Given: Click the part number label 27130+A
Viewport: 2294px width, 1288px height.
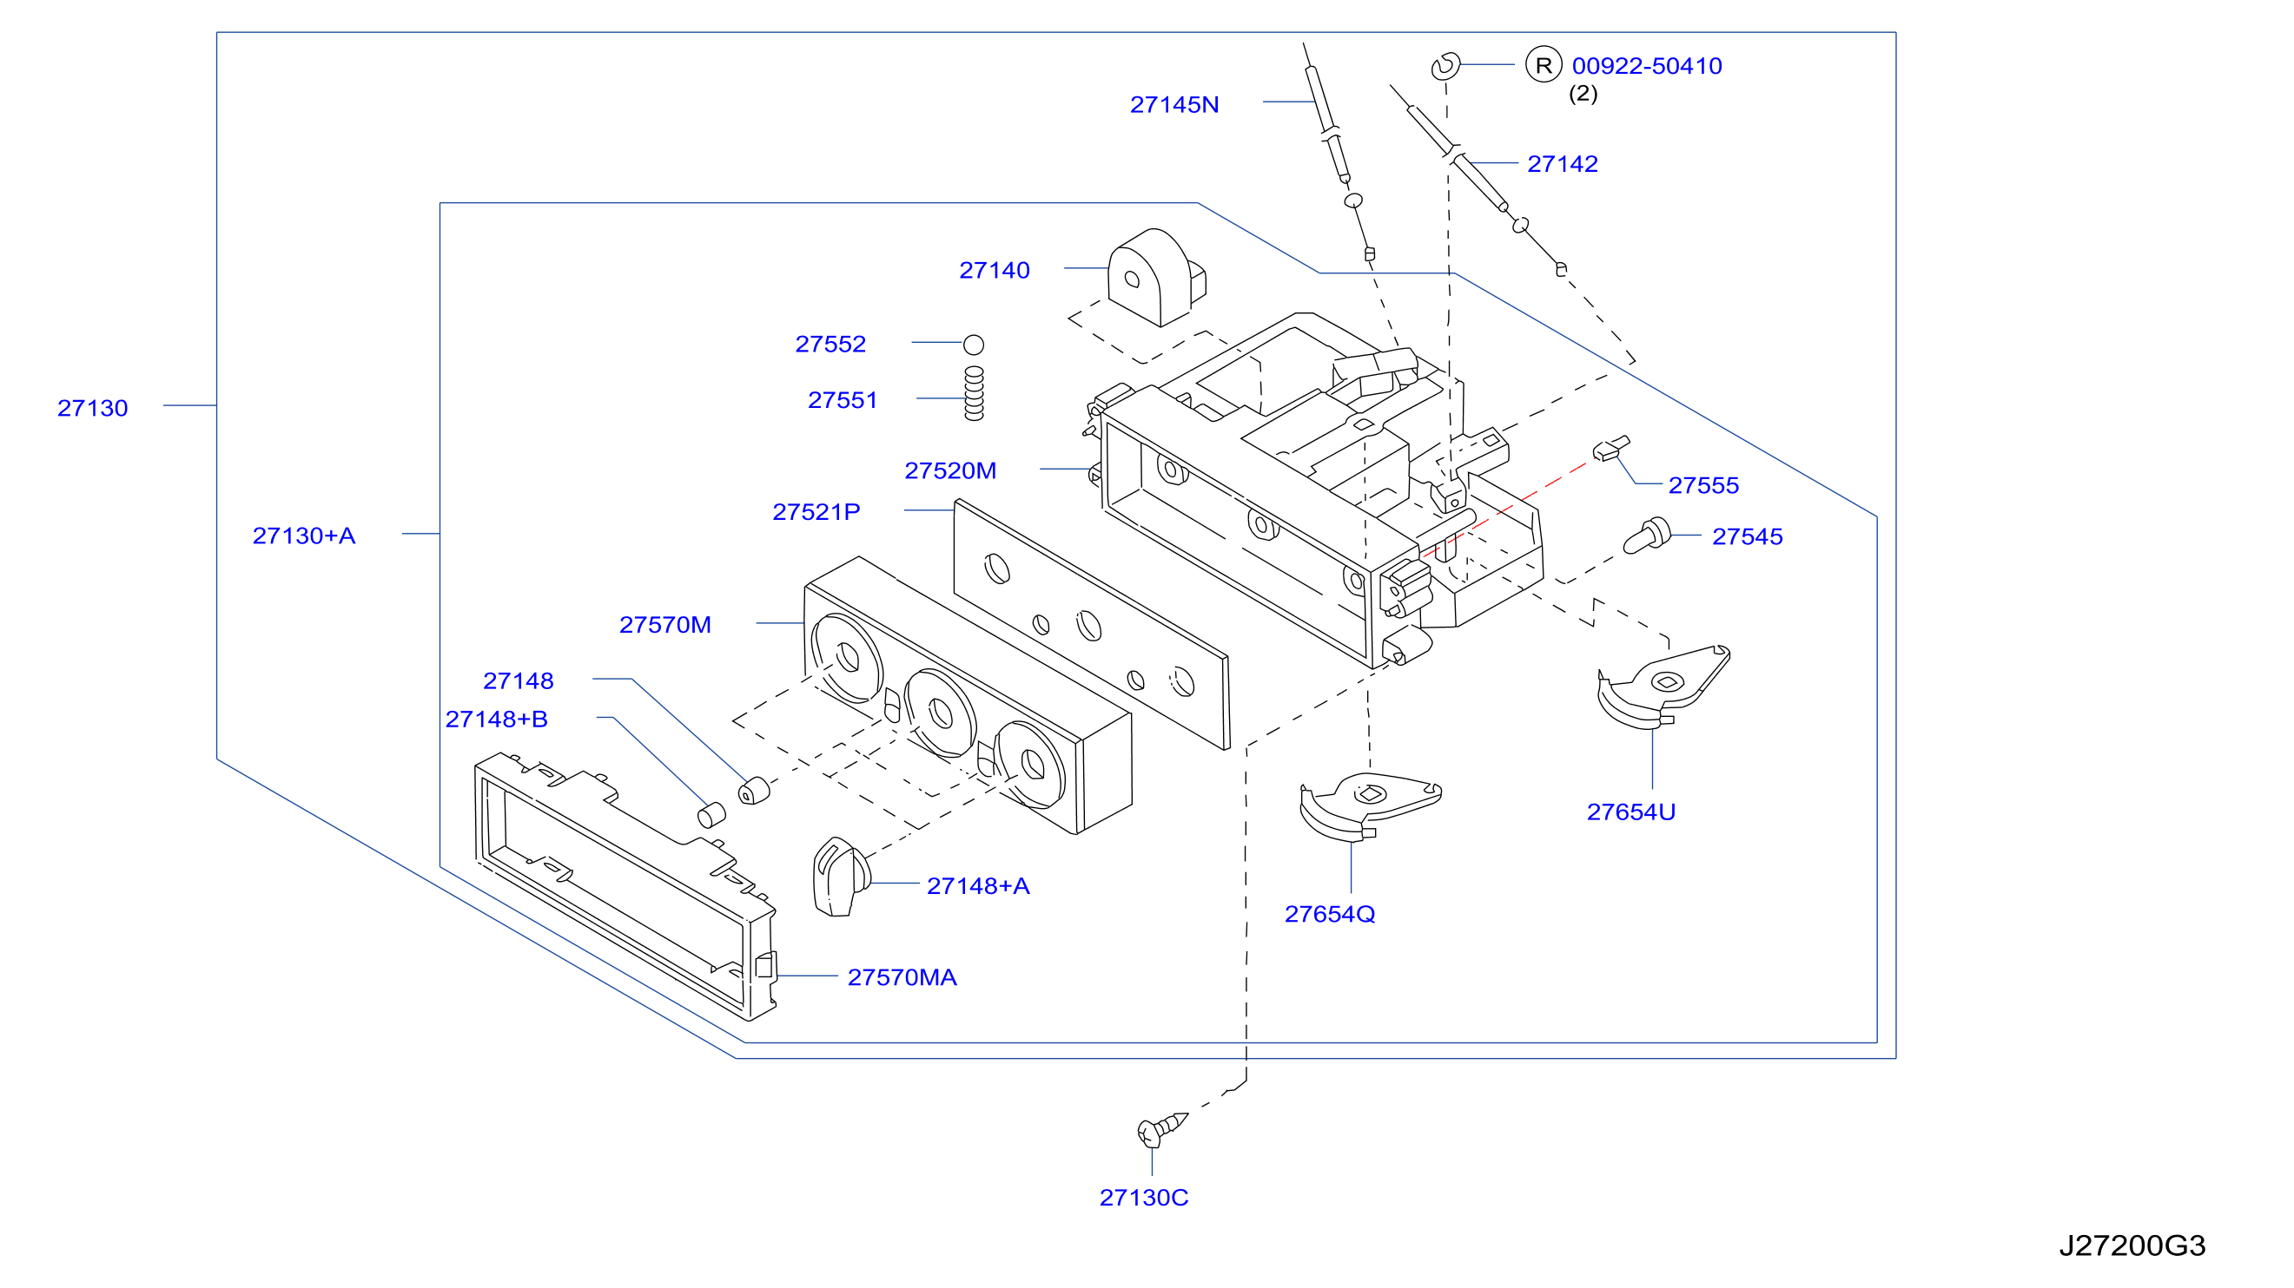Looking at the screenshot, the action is click(x=304, y=536).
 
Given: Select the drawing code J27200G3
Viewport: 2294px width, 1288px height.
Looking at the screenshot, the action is click(x=2132, y=1245).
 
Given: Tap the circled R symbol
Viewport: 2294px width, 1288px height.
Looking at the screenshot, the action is click(x=1544, y=65).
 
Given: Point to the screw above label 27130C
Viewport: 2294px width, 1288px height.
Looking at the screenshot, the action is click(x=1162, y=1128).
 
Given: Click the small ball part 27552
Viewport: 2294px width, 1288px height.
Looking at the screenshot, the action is click(x=974, y=345).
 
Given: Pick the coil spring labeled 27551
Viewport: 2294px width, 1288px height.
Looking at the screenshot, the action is click(x=975, y=393).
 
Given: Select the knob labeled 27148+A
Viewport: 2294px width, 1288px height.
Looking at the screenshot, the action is click(x=841, y=877).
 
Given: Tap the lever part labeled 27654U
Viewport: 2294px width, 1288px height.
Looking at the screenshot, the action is click(x=1662, y=687).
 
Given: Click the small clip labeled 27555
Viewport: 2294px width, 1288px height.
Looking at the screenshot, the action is click(x=1611, y=448).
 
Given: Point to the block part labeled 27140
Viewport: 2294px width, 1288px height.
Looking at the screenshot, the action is click(x=1156, y=278).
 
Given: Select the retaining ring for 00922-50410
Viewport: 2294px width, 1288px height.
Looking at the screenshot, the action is click(x=1444, y=66).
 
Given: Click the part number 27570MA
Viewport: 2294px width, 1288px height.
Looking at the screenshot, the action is click(x=902, y=977).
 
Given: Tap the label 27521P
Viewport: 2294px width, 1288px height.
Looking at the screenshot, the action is click(x=816, y=512).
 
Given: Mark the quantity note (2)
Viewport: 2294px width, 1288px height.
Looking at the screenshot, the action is click(x=1583, y=94).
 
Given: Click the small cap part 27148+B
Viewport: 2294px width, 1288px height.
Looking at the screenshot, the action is click(x=711, y=814).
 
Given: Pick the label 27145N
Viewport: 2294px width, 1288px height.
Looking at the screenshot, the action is click(x=1173, y=105).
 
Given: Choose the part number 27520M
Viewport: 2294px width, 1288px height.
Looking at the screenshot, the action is click(x=950, y=471).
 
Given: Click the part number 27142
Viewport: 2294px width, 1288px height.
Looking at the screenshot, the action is click(x=1562, y=164).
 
